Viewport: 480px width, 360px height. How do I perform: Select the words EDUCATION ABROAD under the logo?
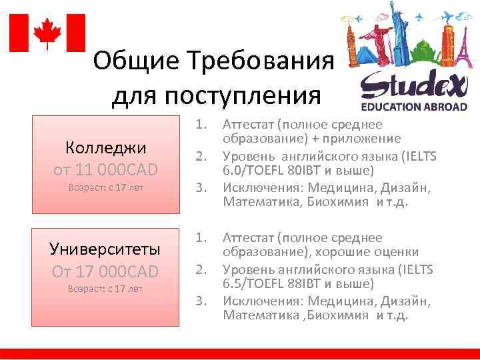(x=410, y=106)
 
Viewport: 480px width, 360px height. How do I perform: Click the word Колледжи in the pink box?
(x=105, y=147)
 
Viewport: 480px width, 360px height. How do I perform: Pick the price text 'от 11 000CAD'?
(x=105, y=170)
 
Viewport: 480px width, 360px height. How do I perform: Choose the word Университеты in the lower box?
(x=105, y=249)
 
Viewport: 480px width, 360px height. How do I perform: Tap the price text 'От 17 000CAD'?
(x=105, y=271)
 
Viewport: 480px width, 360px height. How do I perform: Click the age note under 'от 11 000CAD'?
(x=105, y=187)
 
